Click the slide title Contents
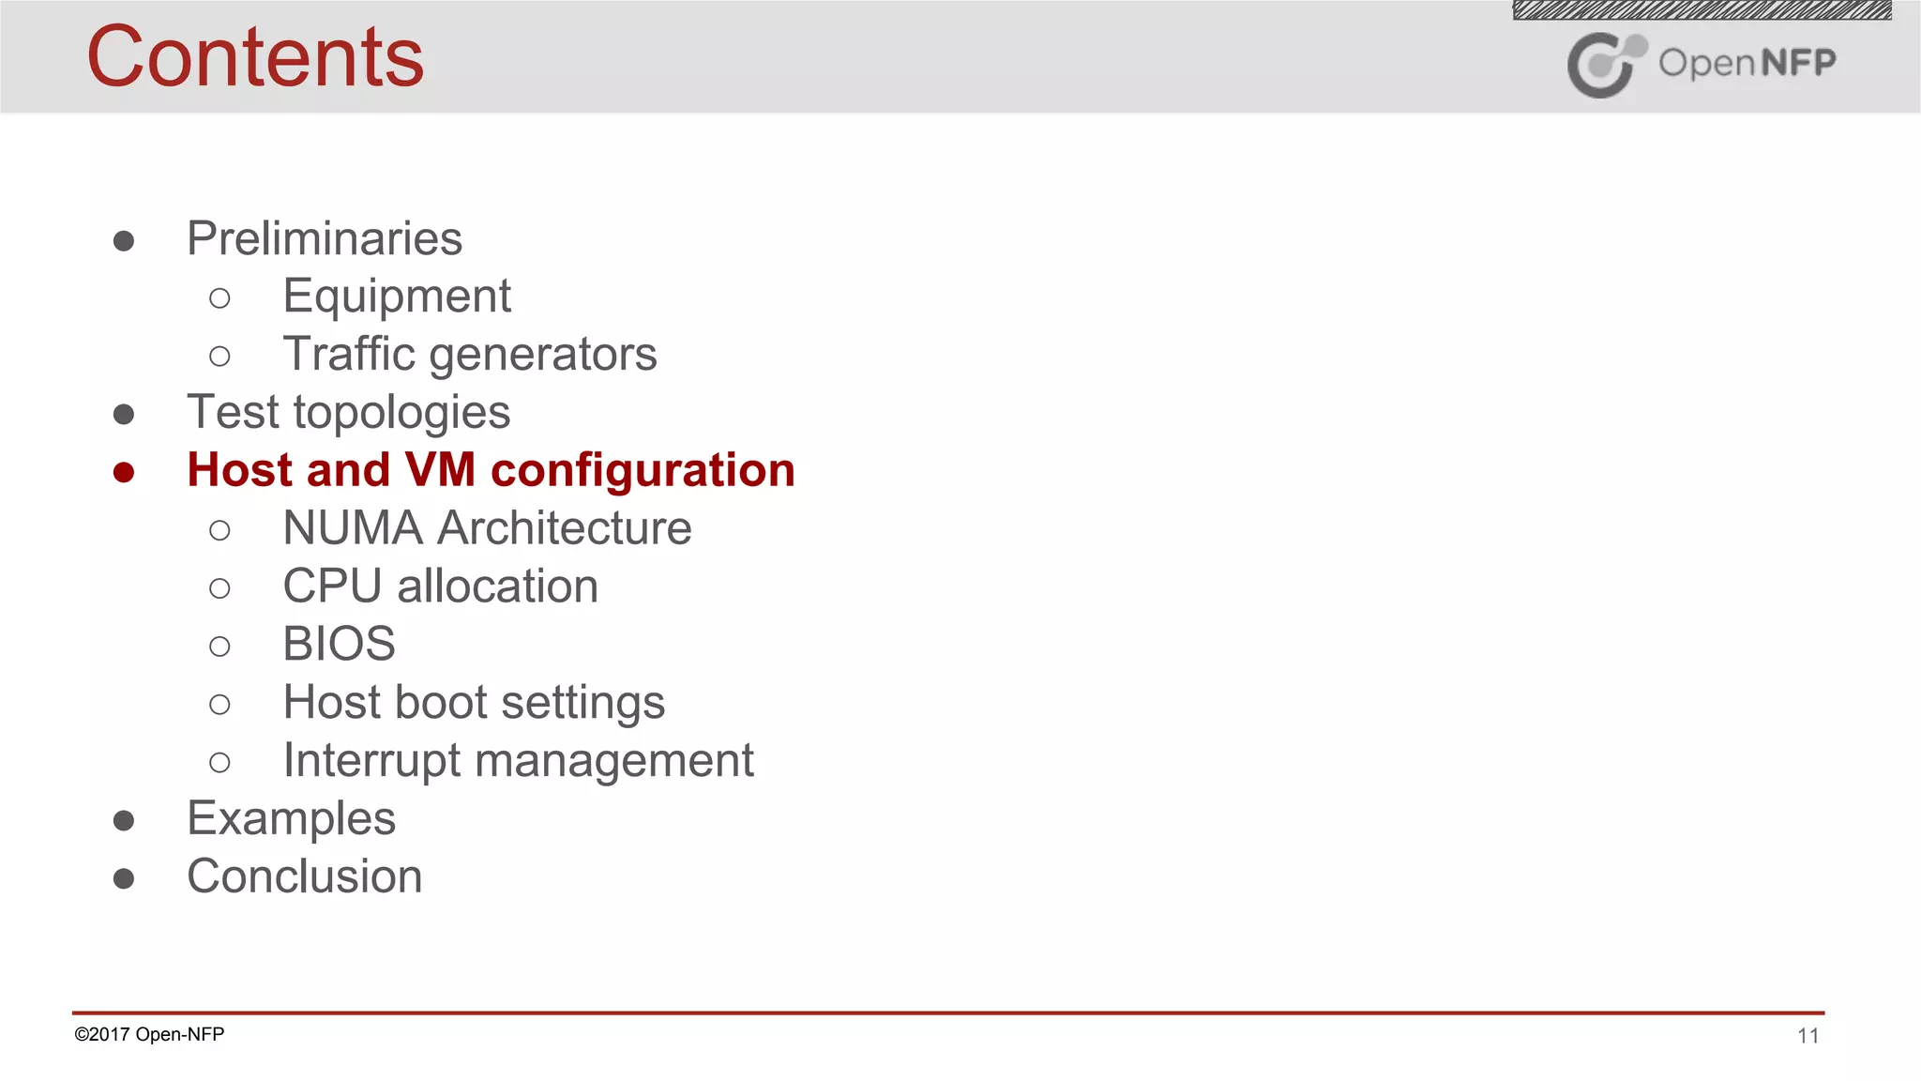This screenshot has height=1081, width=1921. [x=255, y=58]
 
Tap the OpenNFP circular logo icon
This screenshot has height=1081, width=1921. [x=1605, y=65]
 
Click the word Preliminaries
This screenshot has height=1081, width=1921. [x=325, y=238]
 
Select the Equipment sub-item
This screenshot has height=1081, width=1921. [x=397, y=297]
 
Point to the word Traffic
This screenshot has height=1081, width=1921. [x=349, y=355]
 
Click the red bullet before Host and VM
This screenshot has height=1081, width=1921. [x=124, y=472]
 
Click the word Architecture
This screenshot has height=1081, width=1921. [x=565, y=528]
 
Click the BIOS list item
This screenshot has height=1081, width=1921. [x=339, y=645]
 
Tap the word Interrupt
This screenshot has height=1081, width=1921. [x=371, y=761]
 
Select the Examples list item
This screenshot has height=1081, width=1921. [x=291, y=819]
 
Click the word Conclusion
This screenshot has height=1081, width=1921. [x=305, y=876]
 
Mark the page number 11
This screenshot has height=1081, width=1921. [x=1808, y=1036]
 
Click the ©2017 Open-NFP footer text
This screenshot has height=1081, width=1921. [x=149, y=1034]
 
